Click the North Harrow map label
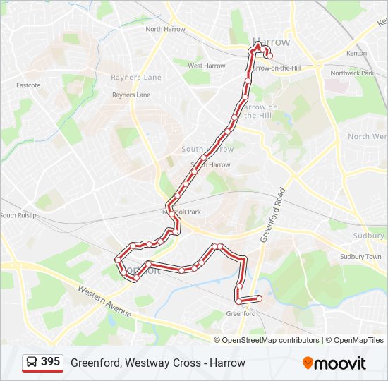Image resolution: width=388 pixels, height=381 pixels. (x=165, y=29)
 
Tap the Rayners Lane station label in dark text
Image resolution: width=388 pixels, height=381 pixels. (x=131, y=95)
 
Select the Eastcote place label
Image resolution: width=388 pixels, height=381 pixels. (x=28, y=85)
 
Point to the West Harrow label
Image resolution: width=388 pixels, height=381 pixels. (x=206, y=66)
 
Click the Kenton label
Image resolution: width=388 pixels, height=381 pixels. (x=356, y=53)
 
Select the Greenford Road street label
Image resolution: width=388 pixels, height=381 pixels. (x=272, y=215)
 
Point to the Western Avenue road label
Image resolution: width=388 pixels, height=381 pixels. (x=104, y=301)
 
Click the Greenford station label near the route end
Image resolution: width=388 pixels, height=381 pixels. (x=241, y=313)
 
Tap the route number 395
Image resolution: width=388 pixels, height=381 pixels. (x=51, y=362)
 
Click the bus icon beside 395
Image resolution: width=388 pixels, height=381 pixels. (x=32, y=363)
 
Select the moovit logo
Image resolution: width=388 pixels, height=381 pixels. (x=334, y=363)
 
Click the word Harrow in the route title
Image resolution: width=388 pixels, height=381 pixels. (x=227, y=363)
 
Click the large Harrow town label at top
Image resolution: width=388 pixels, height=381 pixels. (x=271, y=42)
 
